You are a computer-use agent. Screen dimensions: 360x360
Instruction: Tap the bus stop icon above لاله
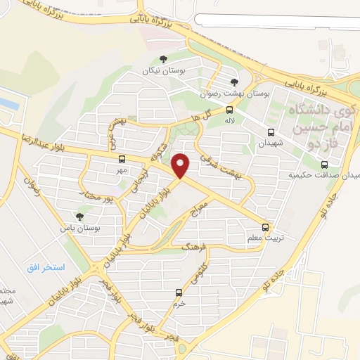point(229,109)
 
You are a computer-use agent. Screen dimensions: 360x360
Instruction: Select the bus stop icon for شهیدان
point(271,131)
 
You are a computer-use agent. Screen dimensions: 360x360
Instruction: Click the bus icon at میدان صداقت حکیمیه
point(323,165)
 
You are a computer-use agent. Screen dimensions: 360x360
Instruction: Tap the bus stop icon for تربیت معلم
point(265,226)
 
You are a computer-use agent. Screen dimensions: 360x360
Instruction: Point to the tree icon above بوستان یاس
point(79,217)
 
